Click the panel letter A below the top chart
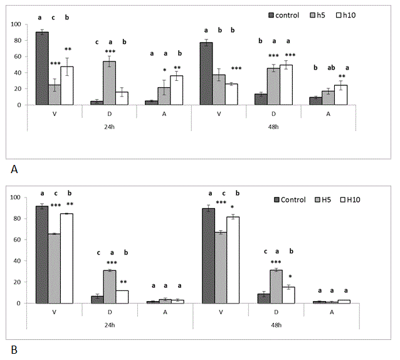[14, 168]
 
